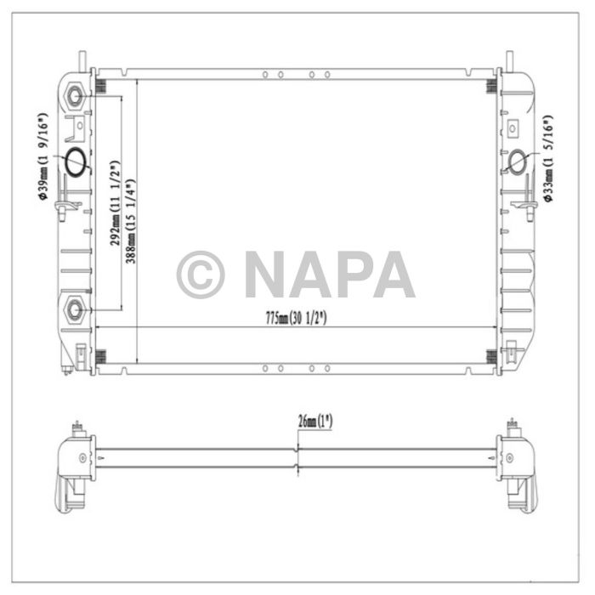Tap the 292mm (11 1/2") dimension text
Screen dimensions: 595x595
pos(115,203)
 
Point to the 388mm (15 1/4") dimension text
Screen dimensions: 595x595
pos(130,220)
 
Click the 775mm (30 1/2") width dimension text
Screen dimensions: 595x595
pos(296,318)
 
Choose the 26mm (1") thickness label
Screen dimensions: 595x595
pos(314,421)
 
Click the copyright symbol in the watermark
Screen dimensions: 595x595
pos(201,275)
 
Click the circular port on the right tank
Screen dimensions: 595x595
pos(517,160)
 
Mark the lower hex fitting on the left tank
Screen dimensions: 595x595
pos(75,308)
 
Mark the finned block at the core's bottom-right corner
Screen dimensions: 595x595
pos(490,357)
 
